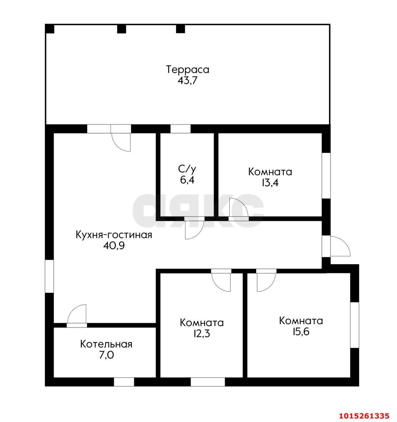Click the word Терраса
(188, 70)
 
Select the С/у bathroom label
(187, 169)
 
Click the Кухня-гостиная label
(114, 235)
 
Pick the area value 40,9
(114, 246)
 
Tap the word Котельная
(106, 344)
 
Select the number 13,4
(270, 183)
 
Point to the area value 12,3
(201, 334)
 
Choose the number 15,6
(301, 331)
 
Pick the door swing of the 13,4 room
(242, 204)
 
